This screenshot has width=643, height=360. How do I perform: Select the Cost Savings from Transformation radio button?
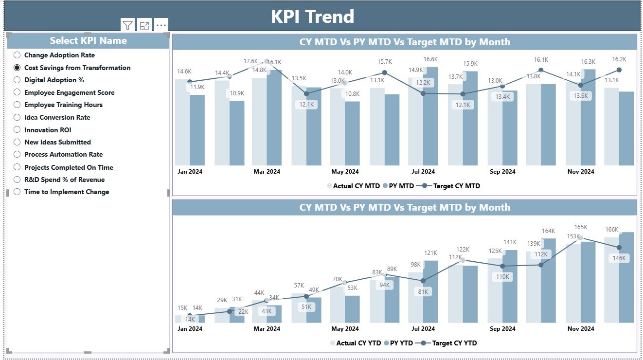pos(18,68)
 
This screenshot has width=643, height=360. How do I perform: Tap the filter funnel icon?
pos(127,25)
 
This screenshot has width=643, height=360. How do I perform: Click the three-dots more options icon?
pos(161,25)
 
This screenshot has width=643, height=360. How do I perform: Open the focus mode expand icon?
pos(144,25)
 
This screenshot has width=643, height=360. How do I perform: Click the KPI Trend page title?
pos(312,17)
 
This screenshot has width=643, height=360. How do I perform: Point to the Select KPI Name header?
pos(88,40)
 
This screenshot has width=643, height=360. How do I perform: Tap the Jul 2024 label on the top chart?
pos(423,171)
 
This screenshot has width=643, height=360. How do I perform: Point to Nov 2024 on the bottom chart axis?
pos(581,329)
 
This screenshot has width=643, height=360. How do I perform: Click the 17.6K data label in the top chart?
pos(250,61)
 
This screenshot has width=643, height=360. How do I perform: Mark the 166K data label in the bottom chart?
pos(611,230)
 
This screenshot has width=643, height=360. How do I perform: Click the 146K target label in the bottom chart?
pos(619,258)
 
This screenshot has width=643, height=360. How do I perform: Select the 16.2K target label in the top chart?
pos(619,59)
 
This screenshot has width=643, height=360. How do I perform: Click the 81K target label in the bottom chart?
pos(423,292)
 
